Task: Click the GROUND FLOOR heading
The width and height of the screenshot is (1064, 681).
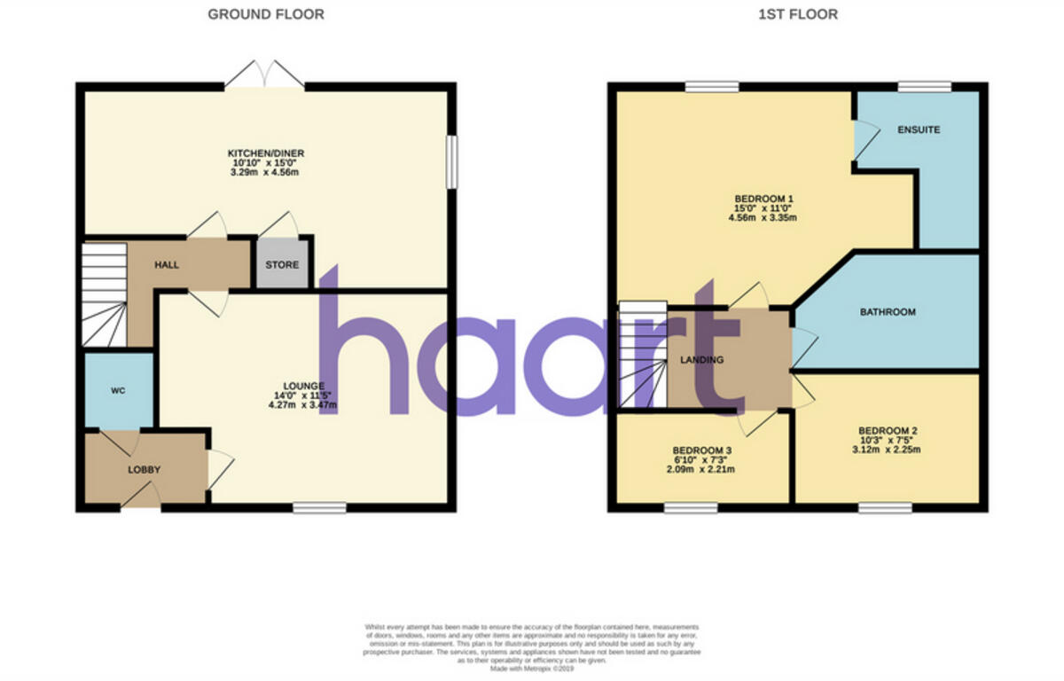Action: pyautogui.click(x=266, y=14)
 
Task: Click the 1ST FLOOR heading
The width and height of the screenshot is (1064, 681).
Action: pyautogui.click(x=797, y=14)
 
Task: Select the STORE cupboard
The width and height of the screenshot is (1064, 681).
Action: pyautogui.click(x=283, y=264)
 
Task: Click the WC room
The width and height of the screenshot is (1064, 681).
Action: pyautogui.click(x=119, y=390)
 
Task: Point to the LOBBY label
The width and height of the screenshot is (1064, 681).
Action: pyautogui.click(x=144, y=469)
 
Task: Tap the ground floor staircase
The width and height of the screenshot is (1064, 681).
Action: pyautogui.click(x=105, y=297)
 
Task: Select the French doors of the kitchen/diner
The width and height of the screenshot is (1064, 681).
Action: pyautogui.click(x=264, y=76)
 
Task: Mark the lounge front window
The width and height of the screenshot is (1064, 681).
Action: pyautogui.click(x=319, y=507)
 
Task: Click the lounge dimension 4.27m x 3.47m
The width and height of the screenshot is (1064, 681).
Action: pyautogui.click(x=302, y=405)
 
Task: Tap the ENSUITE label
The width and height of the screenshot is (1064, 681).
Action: pyautogui.click(x=919, y=129)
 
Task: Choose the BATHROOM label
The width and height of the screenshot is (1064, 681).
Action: pyautogui.click(x=888, y=312)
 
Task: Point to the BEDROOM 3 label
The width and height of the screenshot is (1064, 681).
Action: pyautogui.click(x=701, y=450)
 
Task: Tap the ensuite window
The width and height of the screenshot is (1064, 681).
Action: pyautogui.click(x=924, y=87)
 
